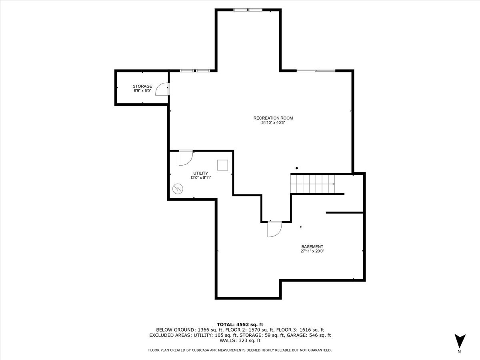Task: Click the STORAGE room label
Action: (142, 86)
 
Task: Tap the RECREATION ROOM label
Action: (273, 118)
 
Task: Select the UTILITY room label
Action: (200, 173)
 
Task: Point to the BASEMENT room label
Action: (312, 247)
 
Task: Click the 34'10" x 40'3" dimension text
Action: (273, 123)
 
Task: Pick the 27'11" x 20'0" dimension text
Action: (312, 251)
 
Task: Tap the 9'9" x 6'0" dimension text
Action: (142, 91)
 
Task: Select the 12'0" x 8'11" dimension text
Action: (200, 178)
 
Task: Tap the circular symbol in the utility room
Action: (178, 189)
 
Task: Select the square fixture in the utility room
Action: (223, 165)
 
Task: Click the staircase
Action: (313, 184)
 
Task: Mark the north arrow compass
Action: (460, 341)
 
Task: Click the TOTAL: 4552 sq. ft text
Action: (240, 324)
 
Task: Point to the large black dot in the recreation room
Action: (297, 168)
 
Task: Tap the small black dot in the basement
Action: (301, 227)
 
